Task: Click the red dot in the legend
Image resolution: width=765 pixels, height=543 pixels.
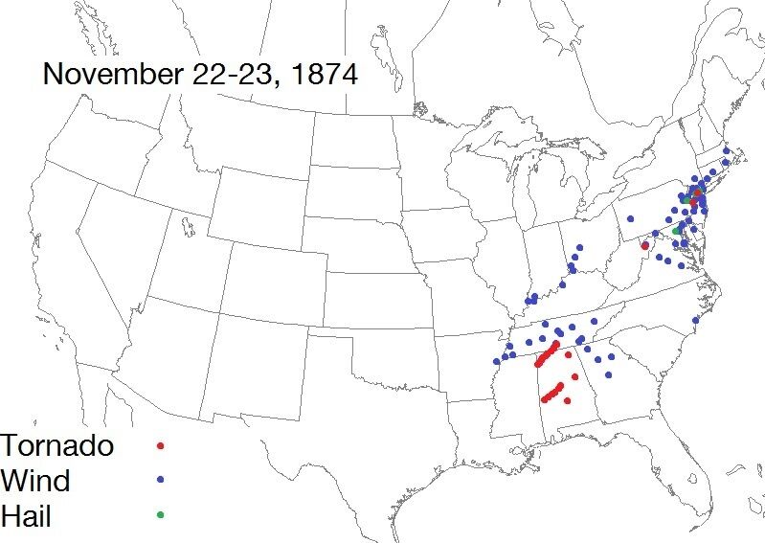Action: pyautogui.click(x=161, y=445)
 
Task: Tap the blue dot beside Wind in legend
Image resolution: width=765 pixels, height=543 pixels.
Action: pyautogui.click(x=161, y=480)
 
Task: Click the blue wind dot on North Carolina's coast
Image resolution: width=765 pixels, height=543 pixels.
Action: pyautogui.click(x=696, y=320)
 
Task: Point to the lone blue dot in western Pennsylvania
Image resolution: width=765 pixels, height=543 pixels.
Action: pyautogui.click(x=631, y=218)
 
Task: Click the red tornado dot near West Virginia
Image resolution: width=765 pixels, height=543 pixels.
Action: pyautogui.click(x=644, y=246)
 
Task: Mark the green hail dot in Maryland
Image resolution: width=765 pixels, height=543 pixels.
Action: pyautogui.click(x=676, y=231)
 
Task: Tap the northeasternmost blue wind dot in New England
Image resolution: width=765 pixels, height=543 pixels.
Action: pyautogui.click(x=727, y=150)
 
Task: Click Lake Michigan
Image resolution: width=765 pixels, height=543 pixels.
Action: pyautogui.click(x=522, y=192)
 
